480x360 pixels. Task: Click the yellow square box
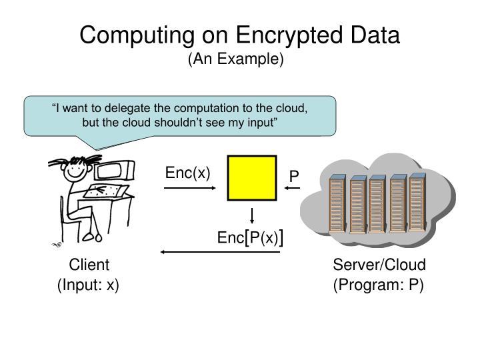click(252, 178)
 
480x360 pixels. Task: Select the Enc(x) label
click(187, 173)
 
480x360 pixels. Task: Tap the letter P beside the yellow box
click(294, 177)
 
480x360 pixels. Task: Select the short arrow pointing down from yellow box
click(253, 215)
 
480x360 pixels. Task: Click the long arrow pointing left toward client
click(219, 253)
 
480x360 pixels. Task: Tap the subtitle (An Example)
click(236, 59)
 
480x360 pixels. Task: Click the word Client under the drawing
click(89, 265)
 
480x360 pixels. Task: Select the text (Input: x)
click(89, 285)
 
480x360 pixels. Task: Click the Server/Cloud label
click(379, 265)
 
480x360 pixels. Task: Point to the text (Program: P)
click(379, 285)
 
